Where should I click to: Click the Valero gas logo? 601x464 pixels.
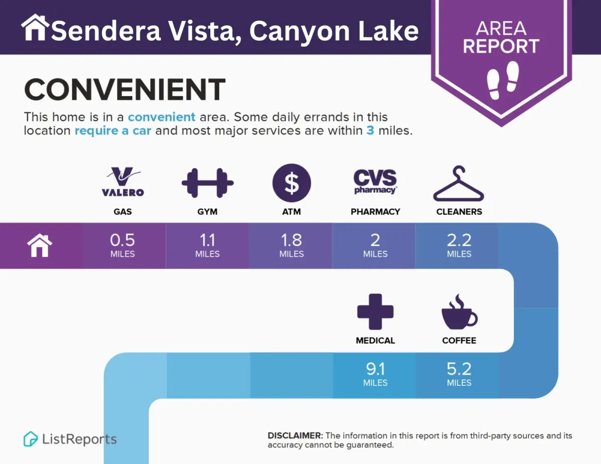click(123, 182)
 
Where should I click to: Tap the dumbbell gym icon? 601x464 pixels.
click(207, 183)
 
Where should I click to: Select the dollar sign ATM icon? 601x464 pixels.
click(291, 183)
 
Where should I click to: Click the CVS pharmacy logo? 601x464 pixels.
click(375, 182)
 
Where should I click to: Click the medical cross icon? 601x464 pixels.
click(375, 311)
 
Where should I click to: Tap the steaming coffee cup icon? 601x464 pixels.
click(459, 311)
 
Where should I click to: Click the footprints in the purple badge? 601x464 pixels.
click(503, 80)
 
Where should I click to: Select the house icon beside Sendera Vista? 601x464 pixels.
click(35, 28)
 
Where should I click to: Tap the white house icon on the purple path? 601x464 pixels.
click(40, 245)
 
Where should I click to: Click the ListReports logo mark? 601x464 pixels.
click(31, 439)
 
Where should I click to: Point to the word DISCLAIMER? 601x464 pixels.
click(295, 436)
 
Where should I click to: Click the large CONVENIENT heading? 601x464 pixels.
click(125, 89)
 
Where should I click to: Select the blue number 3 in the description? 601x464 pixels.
click(370, 131)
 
